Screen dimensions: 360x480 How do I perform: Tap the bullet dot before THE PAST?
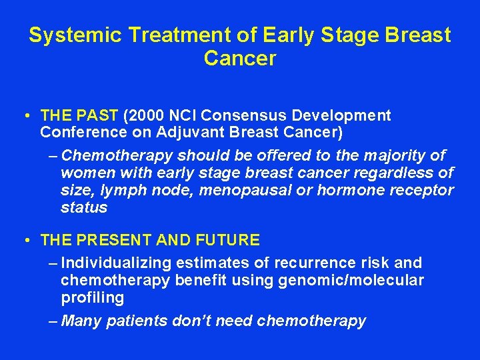pyautogui.click(x=24, y=116)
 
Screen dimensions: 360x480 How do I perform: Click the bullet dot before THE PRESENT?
pyautogui.click(x=24, y=240)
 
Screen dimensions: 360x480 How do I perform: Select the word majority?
pyautogui.click(x=393, y=156)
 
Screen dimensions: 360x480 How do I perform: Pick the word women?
pyautogui.click(x=82, y=173)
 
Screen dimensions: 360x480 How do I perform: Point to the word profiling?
pyautogui.click(x=92, y=297)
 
